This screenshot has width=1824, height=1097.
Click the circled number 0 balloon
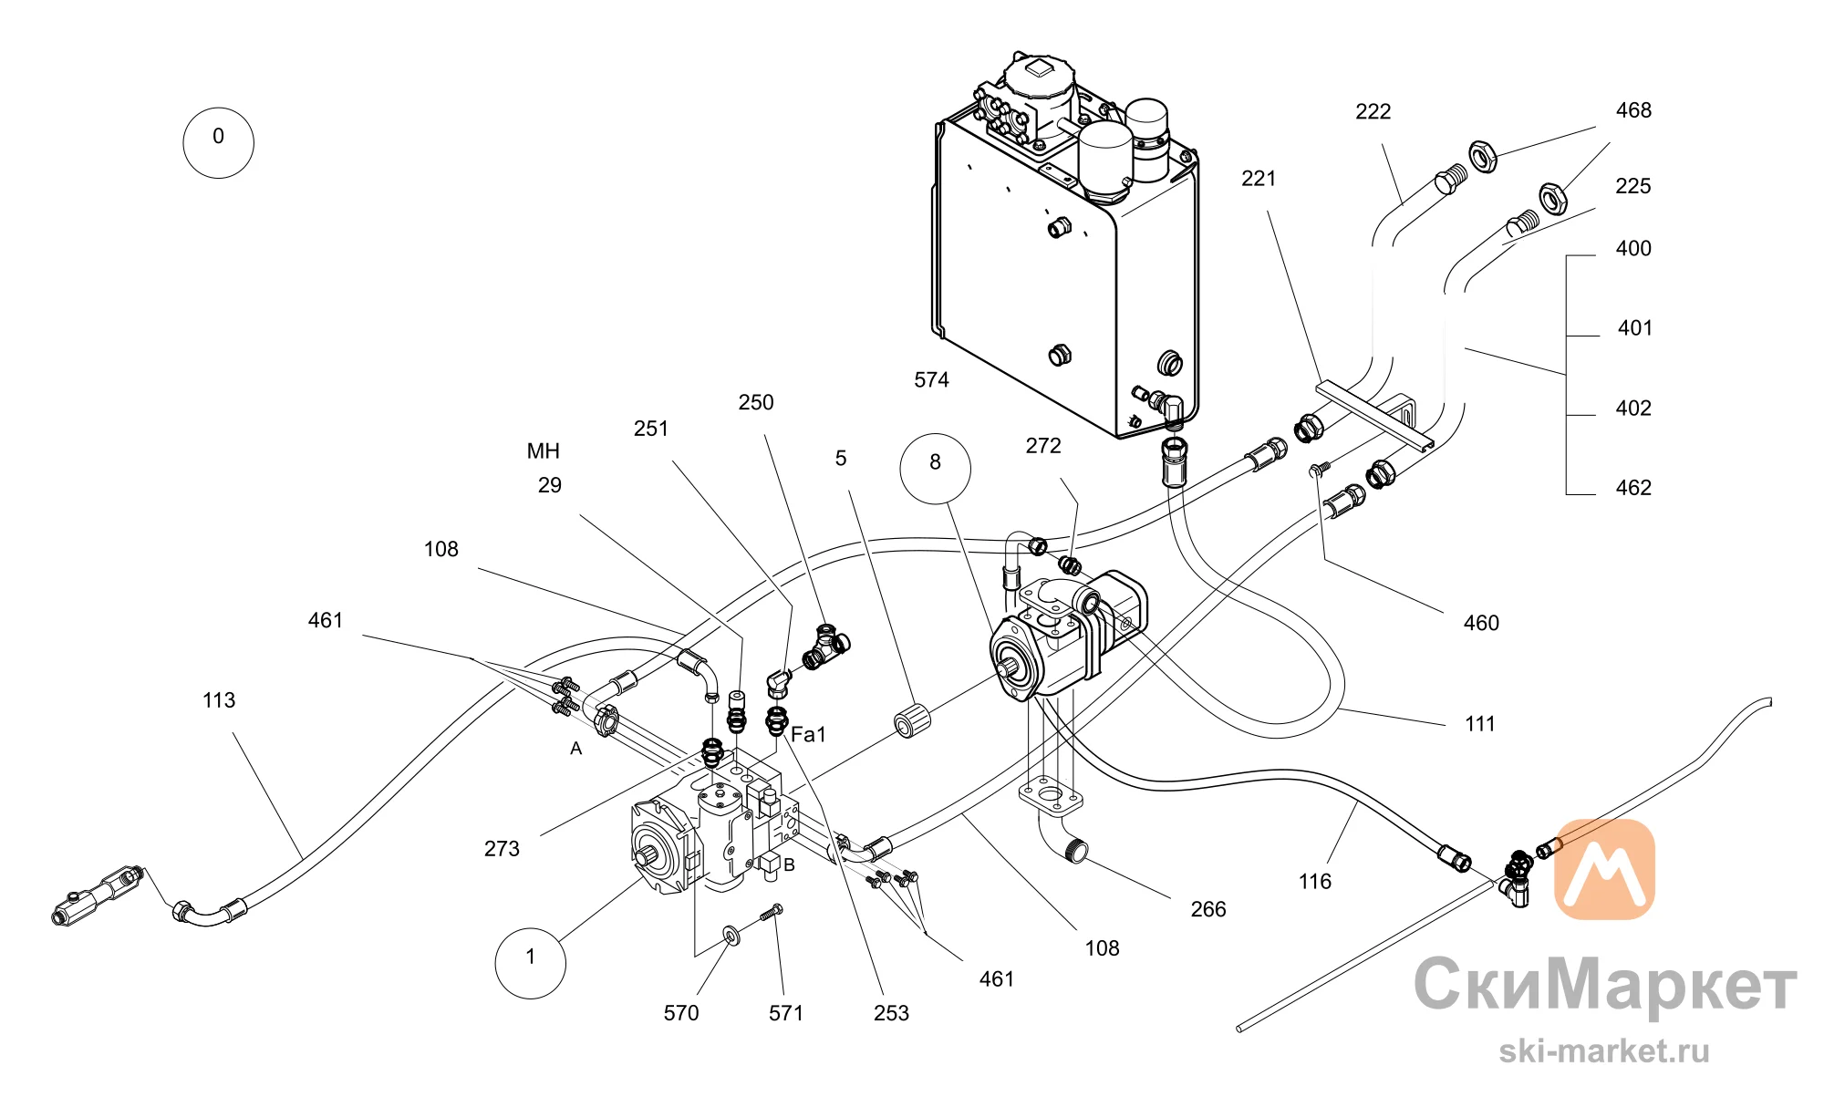218,142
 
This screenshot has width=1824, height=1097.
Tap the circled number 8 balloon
935,469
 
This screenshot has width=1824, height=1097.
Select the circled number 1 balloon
530,963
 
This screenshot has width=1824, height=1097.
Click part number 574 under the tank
931,380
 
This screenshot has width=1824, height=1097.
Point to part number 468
1633,110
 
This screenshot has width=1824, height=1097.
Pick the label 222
1373,111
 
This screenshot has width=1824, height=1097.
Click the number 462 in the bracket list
1633,488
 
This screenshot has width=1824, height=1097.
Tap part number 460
1481,623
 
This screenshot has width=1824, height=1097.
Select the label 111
1480,724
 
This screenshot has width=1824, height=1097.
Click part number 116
1314,882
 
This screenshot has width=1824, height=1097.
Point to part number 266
1208,909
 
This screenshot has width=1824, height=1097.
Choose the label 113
219,700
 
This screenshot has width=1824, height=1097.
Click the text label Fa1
808,734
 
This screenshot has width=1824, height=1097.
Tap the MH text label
544,451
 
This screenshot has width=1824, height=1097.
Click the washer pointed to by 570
731,937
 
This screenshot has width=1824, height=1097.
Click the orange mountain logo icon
1604,869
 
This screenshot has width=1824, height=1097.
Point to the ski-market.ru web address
1604,1051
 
